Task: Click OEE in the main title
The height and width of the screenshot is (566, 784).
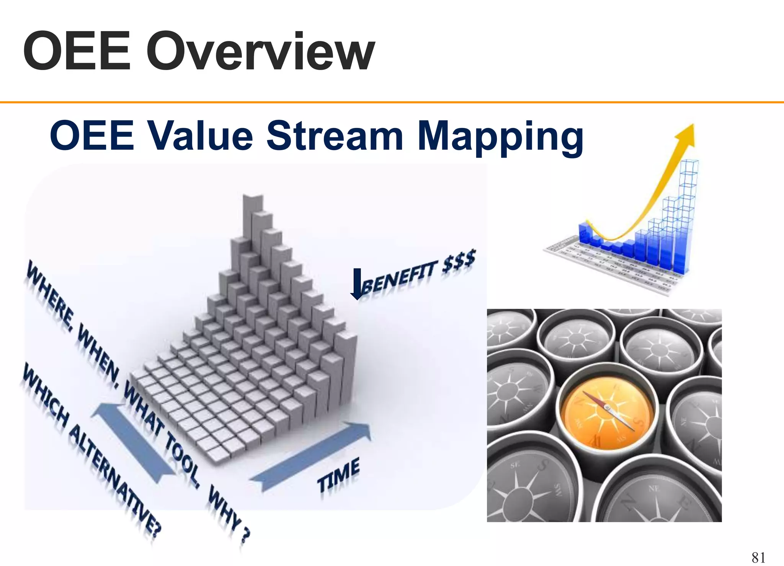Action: click(77, 52)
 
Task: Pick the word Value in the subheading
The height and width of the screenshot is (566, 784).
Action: click(200, 136)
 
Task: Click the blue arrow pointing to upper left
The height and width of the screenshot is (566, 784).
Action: click(130, 440)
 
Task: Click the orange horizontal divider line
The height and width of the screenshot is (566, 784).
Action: click(392, 102)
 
